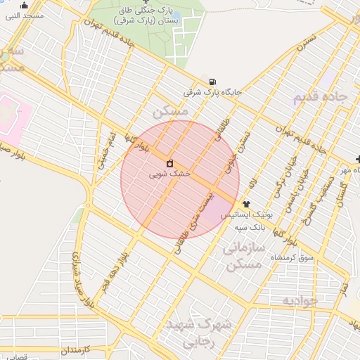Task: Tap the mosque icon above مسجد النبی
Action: pyautogui.click(x=25, y=5)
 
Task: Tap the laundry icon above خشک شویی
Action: pyautogui.click(x=169, y=165)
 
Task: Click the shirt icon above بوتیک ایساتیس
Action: pyautogui.click(x=246, y=203)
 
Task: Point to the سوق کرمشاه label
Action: pyautogui.click(x=292, y=259)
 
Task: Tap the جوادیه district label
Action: pyautogui.click(x=301, y=300)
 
